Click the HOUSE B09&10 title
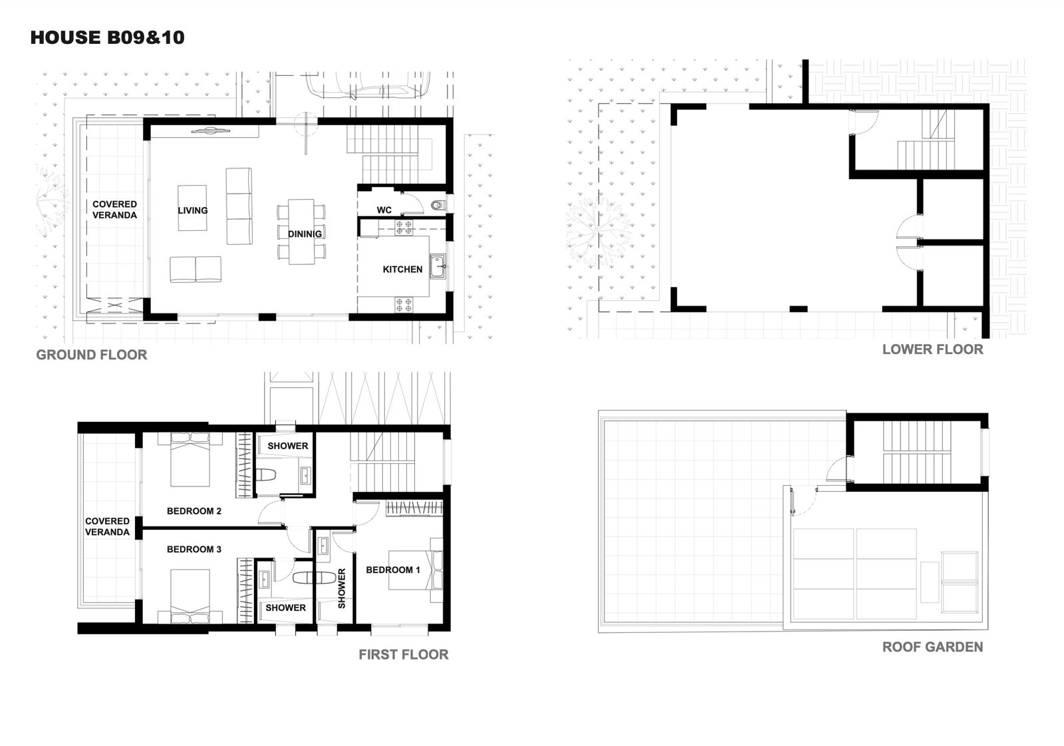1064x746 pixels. point(107,37)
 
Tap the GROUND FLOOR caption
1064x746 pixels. point(92,355)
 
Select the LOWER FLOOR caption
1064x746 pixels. point(933,349)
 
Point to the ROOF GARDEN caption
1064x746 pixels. point(933,647)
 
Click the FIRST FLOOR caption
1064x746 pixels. point(404,655)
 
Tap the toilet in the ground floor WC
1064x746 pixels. point(438,206)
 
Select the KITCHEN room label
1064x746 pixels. point(403,270)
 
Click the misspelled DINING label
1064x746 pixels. point(305,234)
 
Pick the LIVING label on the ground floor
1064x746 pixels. point(193,211)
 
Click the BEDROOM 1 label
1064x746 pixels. point(393,570)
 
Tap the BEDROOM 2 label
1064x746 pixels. point(194,511)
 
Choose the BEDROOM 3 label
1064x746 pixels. point(194,549)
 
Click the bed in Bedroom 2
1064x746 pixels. point(190,460)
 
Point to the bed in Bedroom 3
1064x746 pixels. point(190,596)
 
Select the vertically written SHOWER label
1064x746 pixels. point(342,589)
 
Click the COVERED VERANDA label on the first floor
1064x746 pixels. point(107,527)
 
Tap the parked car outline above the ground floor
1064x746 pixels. point(368,86)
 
